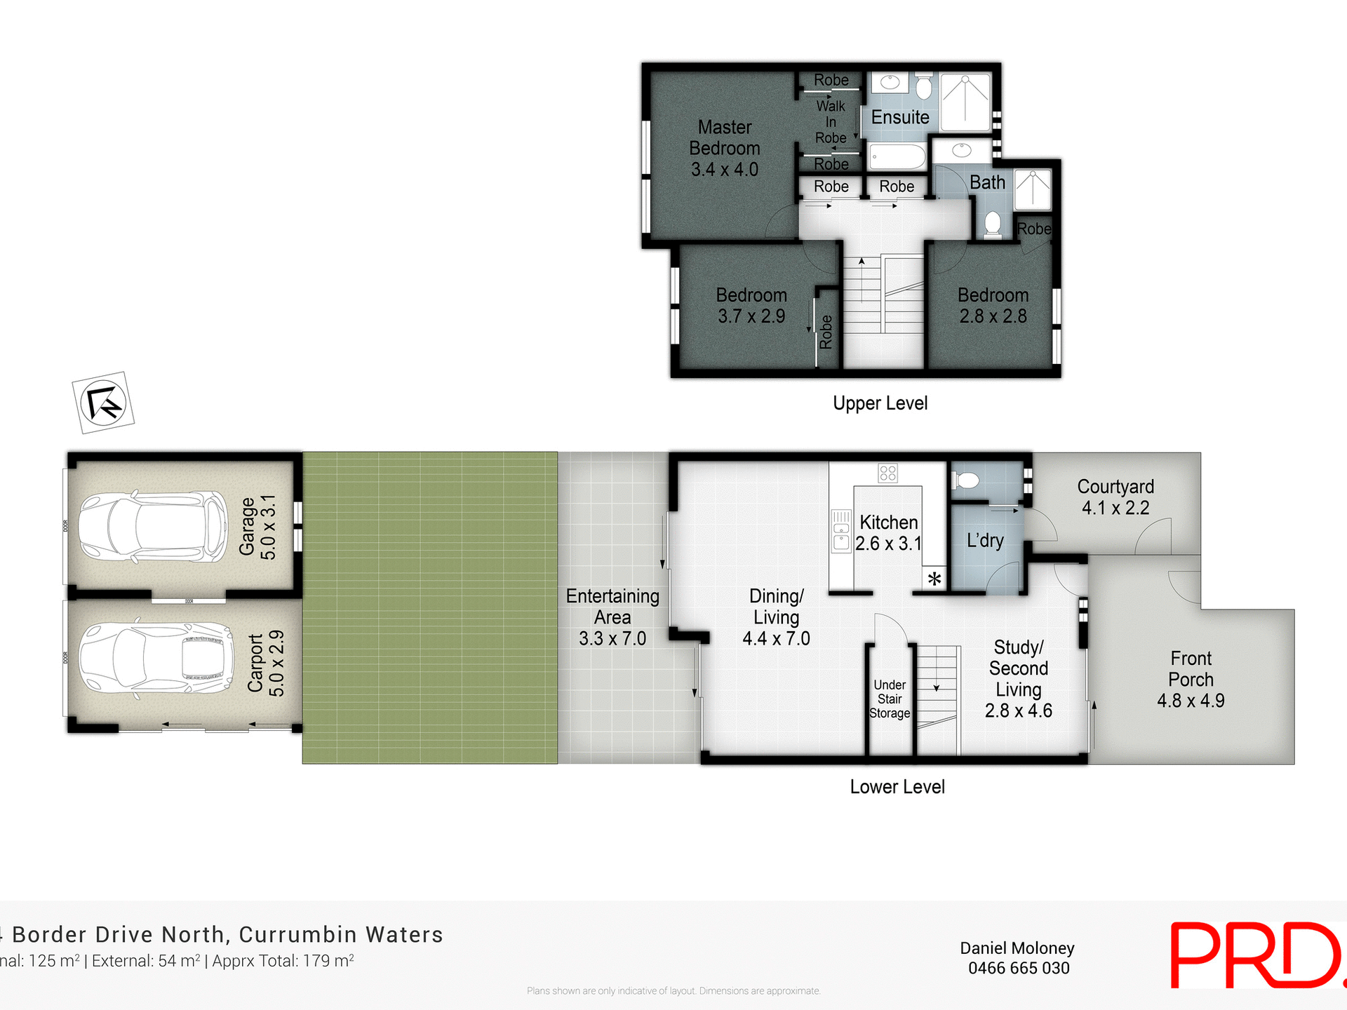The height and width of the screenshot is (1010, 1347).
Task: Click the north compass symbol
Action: click(x=103, y=403)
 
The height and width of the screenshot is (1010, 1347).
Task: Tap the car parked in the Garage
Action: click(x=152, y=526)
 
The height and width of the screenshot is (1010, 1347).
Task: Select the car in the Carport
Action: click(x=155, y=659)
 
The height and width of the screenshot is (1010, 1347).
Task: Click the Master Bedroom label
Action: click(x=724, y=148)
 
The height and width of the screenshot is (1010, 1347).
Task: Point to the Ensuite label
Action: click(x=899, y=117)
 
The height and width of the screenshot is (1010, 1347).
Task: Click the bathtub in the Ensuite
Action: click(x=897, y=156)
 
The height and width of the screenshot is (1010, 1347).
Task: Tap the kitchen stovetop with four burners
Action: click(x=887, y=473)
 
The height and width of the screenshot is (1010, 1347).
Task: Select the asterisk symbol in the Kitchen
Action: click(x=934, y=579)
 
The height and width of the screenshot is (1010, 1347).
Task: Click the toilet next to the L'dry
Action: click(x=966, y=480)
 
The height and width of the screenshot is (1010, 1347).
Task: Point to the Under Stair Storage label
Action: click(x=890, y=699)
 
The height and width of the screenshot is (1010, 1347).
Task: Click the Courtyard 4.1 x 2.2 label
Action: click(x=1115, y=497)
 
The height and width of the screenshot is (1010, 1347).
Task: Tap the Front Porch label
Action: click(x=1191, y=679)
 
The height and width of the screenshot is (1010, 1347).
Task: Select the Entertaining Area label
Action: click(x=612, y=617)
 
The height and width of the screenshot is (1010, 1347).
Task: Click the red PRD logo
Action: click(x=1256, y=955)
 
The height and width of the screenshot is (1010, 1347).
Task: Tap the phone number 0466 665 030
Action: click(x=1018, y=969)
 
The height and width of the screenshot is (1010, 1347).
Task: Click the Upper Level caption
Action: click(x=880, y=403)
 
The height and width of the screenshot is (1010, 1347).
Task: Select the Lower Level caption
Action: click(x=897, y=787)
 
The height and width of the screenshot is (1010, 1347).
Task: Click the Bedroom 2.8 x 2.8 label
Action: click(x=993, y=305)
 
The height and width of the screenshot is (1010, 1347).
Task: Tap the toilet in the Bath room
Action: click(x=992, y=224)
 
